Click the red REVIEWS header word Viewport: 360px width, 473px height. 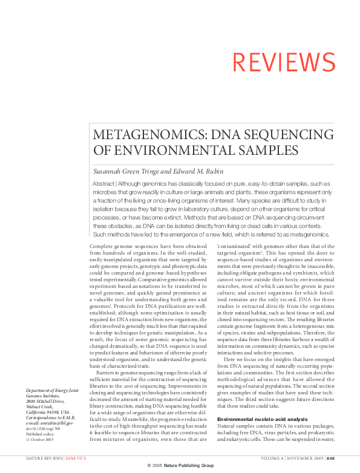pyautogui.click(x=284, y=62)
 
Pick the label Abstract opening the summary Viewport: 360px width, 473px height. pyautogui.click(x=103, y=183)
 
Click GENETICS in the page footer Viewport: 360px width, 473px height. pyautogui.click(x=76, y=459)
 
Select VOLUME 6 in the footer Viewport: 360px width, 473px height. pyautogui.click(x=257, y=459)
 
